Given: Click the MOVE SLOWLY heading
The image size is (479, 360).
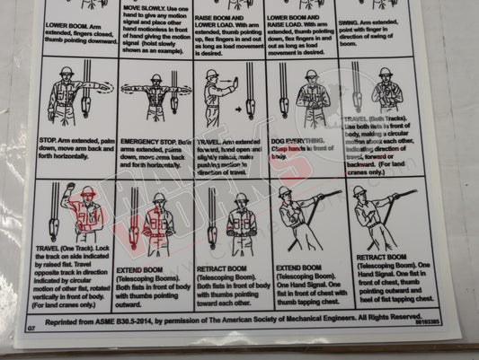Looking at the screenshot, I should [144, 6].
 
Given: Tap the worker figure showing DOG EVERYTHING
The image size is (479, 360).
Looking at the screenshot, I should [311, 94].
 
